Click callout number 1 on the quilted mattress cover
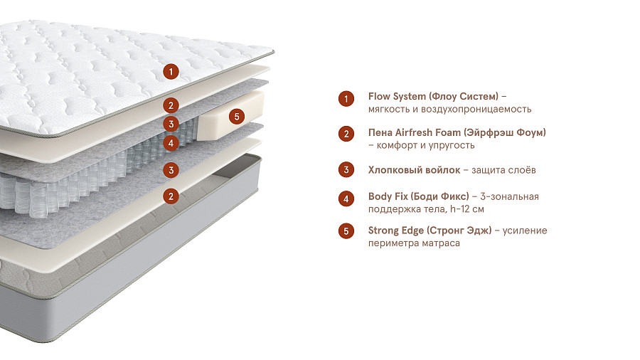pyautogui.click(x=169, y=71)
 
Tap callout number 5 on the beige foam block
pyautogui.click(x=238, y=115)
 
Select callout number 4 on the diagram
pyautogui.click(x=169, y=142)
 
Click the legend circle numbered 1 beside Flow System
pyautogui.click(x=346, y=99)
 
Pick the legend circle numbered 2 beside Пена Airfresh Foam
pyautogui.click(x=346, y=134)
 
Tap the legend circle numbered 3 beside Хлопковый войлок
pyautogui.click(x=346, y=169)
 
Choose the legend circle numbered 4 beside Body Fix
pyautogui.click(x=346, y=198)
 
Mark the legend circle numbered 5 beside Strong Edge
pyautogui.click(x=346, y=231)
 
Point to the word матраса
pyautogui.click(x=441, y=243)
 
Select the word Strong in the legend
pyautogui.click(x=384, y=231)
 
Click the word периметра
pyautogui.click(x=393, y=243)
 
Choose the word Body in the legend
pyautogui.click(x=380, y=196)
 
